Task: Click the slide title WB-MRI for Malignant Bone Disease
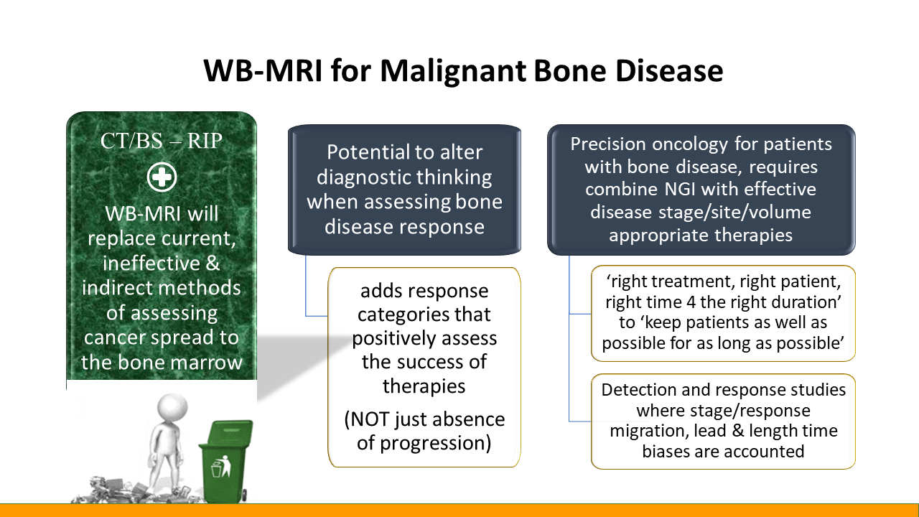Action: [x=462, y=71]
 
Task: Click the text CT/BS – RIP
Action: [x=162, y=141]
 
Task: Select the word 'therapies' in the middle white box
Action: [x=424, y=386]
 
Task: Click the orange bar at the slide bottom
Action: [x=459, y=510]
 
